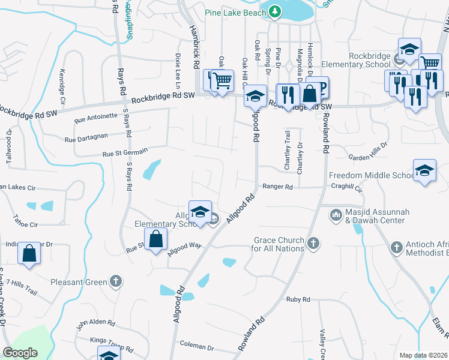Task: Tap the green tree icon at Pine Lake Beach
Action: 274,11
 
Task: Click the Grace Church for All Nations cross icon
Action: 312,243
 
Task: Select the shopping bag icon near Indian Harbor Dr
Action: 29,253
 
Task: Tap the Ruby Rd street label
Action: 298,299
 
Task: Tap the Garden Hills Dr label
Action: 369,151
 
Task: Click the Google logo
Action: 20,353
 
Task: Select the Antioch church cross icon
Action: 396,247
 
